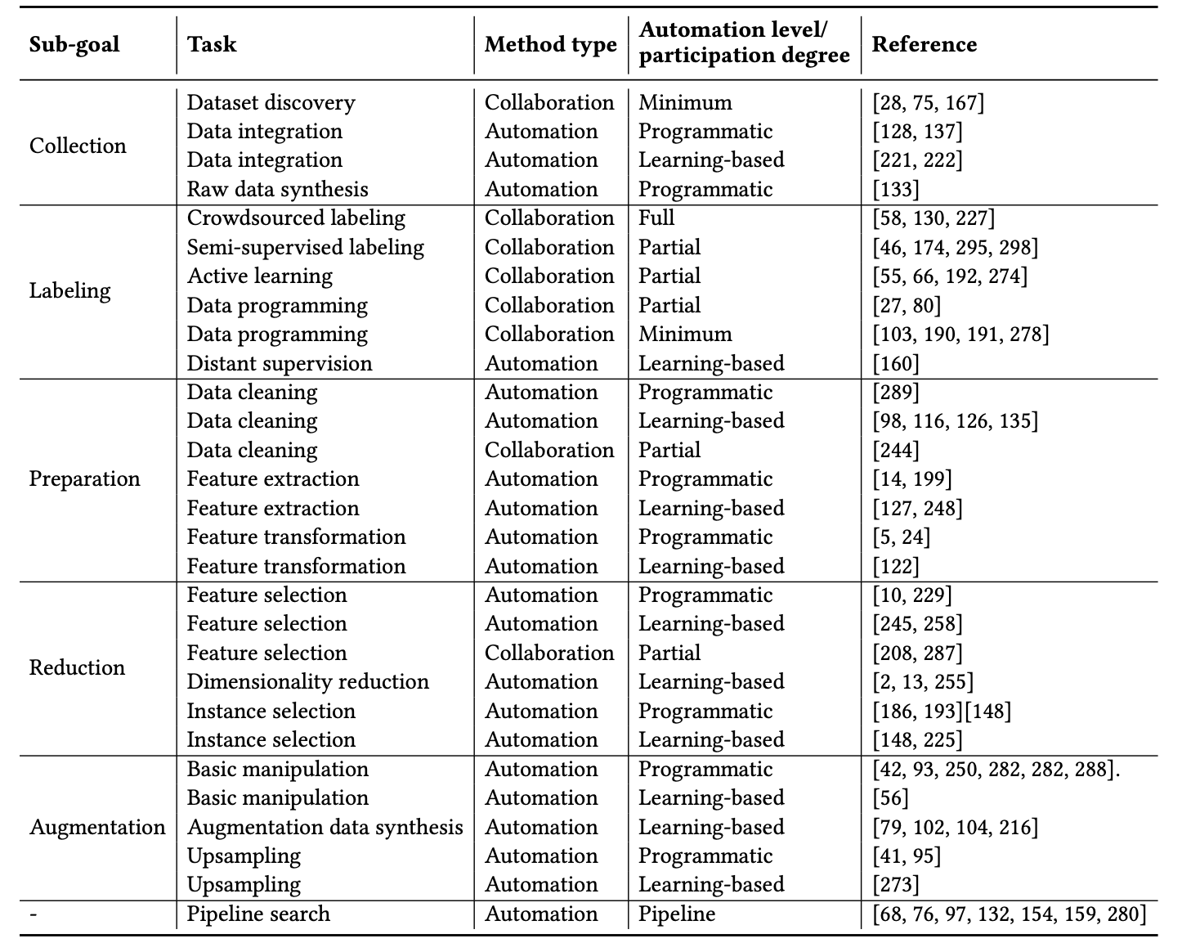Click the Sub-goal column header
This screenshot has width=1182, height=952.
[x=74, y=44]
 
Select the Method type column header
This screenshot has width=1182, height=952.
[x=550, y=44]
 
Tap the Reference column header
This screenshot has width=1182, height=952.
[x=924, y=44]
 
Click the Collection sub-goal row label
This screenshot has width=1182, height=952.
[x=78, y=146]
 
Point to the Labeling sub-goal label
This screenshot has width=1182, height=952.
[x=69, y=290]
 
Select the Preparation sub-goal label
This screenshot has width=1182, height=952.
[x=84, y=478]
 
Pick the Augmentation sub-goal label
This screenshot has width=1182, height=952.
[x=97, y=827]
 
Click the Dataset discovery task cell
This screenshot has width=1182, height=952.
[x=271, y=102]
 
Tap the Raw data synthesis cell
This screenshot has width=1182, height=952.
[x=277, y=189]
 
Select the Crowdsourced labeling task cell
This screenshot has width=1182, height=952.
[x=296, y=218]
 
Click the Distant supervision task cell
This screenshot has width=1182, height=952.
[x=279, y=363]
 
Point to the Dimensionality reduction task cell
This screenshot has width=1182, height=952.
[x=307, y=682]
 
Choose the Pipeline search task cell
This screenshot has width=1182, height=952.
[x=258, y=914]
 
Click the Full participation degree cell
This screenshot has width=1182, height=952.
[x=656, y=218]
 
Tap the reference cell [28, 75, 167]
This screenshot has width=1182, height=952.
[x=928, y=102]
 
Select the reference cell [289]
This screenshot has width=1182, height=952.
[x=896, y=393]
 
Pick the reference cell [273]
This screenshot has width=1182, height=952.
[x=896, y=885]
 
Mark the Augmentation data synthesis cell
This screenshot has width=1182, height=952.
[x=325, y=827]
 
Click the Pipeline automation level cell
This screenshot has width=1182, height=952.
[x=677, y=914]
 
